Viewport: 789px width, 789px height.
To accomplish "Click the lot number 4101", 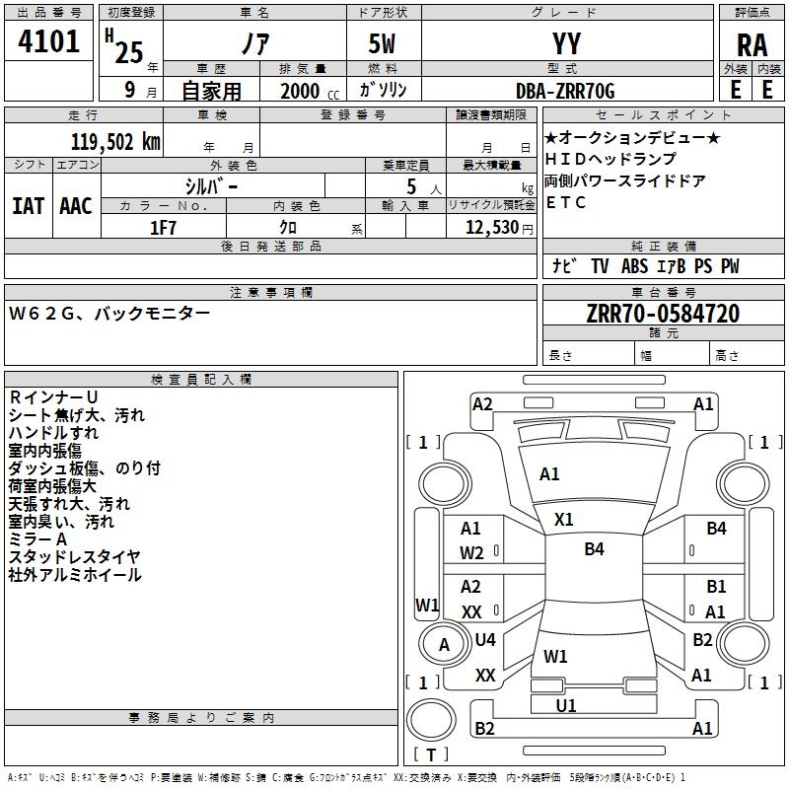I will point(49,42).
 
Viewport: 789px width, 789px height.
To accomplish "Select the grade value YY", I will point(566,44).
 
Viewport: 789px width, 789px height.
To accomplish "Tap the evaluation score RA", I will point(752,44).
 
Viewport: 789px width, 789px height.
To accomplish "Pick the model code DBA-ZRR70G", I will point(565,91).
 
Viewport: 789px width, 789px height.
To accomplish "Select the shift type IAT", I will point(28,205).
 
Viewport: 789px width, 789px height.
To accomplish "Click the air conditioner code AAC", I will point(75,205).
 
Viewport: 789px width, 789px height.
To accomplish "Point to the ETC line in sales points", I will point(566,203).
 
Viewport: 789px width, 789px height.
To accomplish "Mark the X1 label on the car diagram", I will point(564,519).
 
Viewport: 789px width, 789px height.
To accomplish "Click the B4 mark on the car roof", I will point(594,549).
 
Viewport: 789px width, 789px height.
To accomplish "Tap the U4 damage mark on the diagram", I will point(485,639).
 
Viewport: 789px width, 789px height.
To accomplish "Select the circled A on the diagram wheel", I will point(444,645).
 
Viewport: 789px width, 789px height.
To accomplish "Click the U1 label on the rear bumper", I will point(566,705).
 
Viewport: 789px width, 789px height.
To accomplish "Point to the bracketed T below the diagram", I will point(431,755).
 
